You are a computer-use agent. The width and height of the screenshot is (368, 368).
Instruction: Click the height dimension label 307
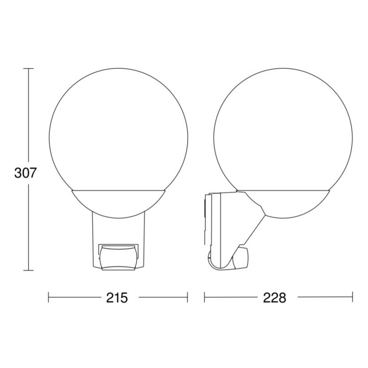tap(25, 173)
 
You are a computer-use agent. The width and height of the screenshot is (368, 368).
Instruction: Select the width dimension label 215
tap(117, 298)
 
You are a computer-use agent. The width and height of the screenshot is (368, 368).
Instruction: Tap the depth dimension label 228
tap(275, 298)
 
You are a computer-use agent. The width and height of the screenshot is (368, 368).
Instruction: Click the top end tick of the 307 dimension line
tap(29, 69)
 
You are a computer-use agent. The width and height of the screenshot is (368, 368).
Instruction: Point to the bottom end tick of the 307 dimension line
tap(29, 271)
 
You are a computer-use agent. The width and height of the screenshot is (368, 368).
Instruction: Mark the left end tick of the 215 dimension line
tap(48, 298)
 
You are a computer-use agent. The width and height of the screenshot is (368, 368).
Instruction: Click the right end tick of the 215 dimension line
tap(188, 298)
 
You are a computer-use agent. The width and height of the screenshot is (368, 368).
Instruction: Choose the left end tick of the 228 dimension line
tap(204, 298)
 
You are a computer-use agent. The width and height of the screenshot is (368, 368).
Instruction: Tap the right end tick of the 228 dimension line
tap(352, 298)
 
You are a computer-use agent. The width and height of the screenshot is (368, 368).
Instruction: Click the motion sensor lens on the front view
tap(118, 258)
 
